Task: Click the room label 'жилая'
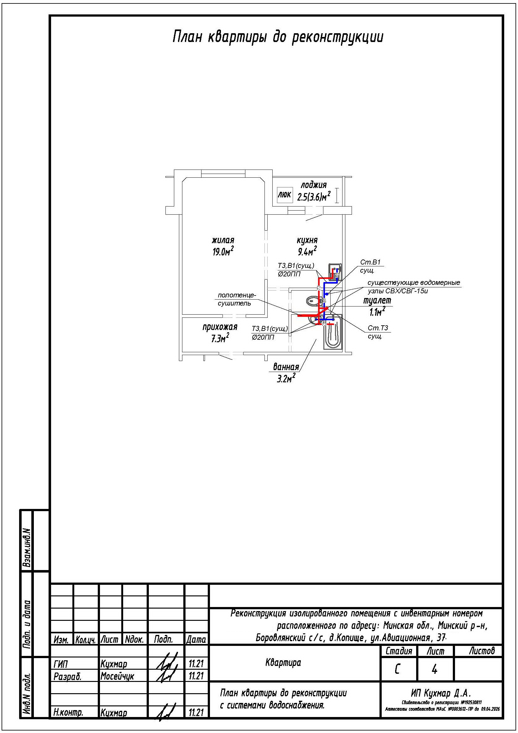(223, 240)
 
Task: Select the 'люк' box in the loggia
(284, 194)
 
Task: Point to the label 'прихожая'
(220, 327)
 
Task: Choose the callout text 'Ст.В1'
(370, 262)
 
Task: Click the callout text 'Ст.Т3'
(378, 328)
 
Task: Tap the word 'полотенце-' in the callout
(237, 295)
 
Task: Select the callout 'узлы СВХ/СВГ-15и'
(398, 291)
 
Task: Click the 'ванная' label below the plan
(286, 367)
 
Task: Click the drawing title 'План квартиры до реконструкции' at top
(278, 37)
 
